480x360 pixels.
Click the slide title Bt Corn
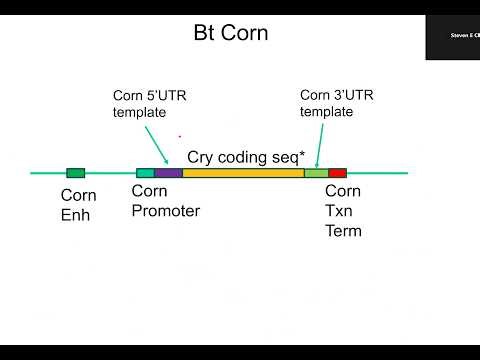click(230, 33)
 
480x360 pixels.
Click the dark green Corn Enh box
click(75, 173)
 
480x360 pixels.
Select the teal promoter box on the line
click(145, 173)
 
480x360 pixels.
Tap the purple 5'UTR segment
click(168, 173)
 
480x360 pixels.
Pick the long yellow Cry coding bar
click(243, 173)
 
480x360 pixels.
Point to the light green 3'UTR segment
click(316, 173)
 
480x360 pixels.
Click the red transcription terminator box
click(337, 173)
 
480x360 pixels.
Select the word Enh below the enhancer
click(76, 213)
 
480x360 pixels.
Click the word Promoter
click(166, 211)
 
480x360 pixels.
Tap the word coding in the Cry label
click(246, 157)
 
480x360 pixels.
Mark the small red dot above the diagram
click(180, 135)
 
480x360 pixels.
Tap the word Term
click(343, 231)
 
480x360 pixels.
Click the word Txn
click(339, 211)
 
